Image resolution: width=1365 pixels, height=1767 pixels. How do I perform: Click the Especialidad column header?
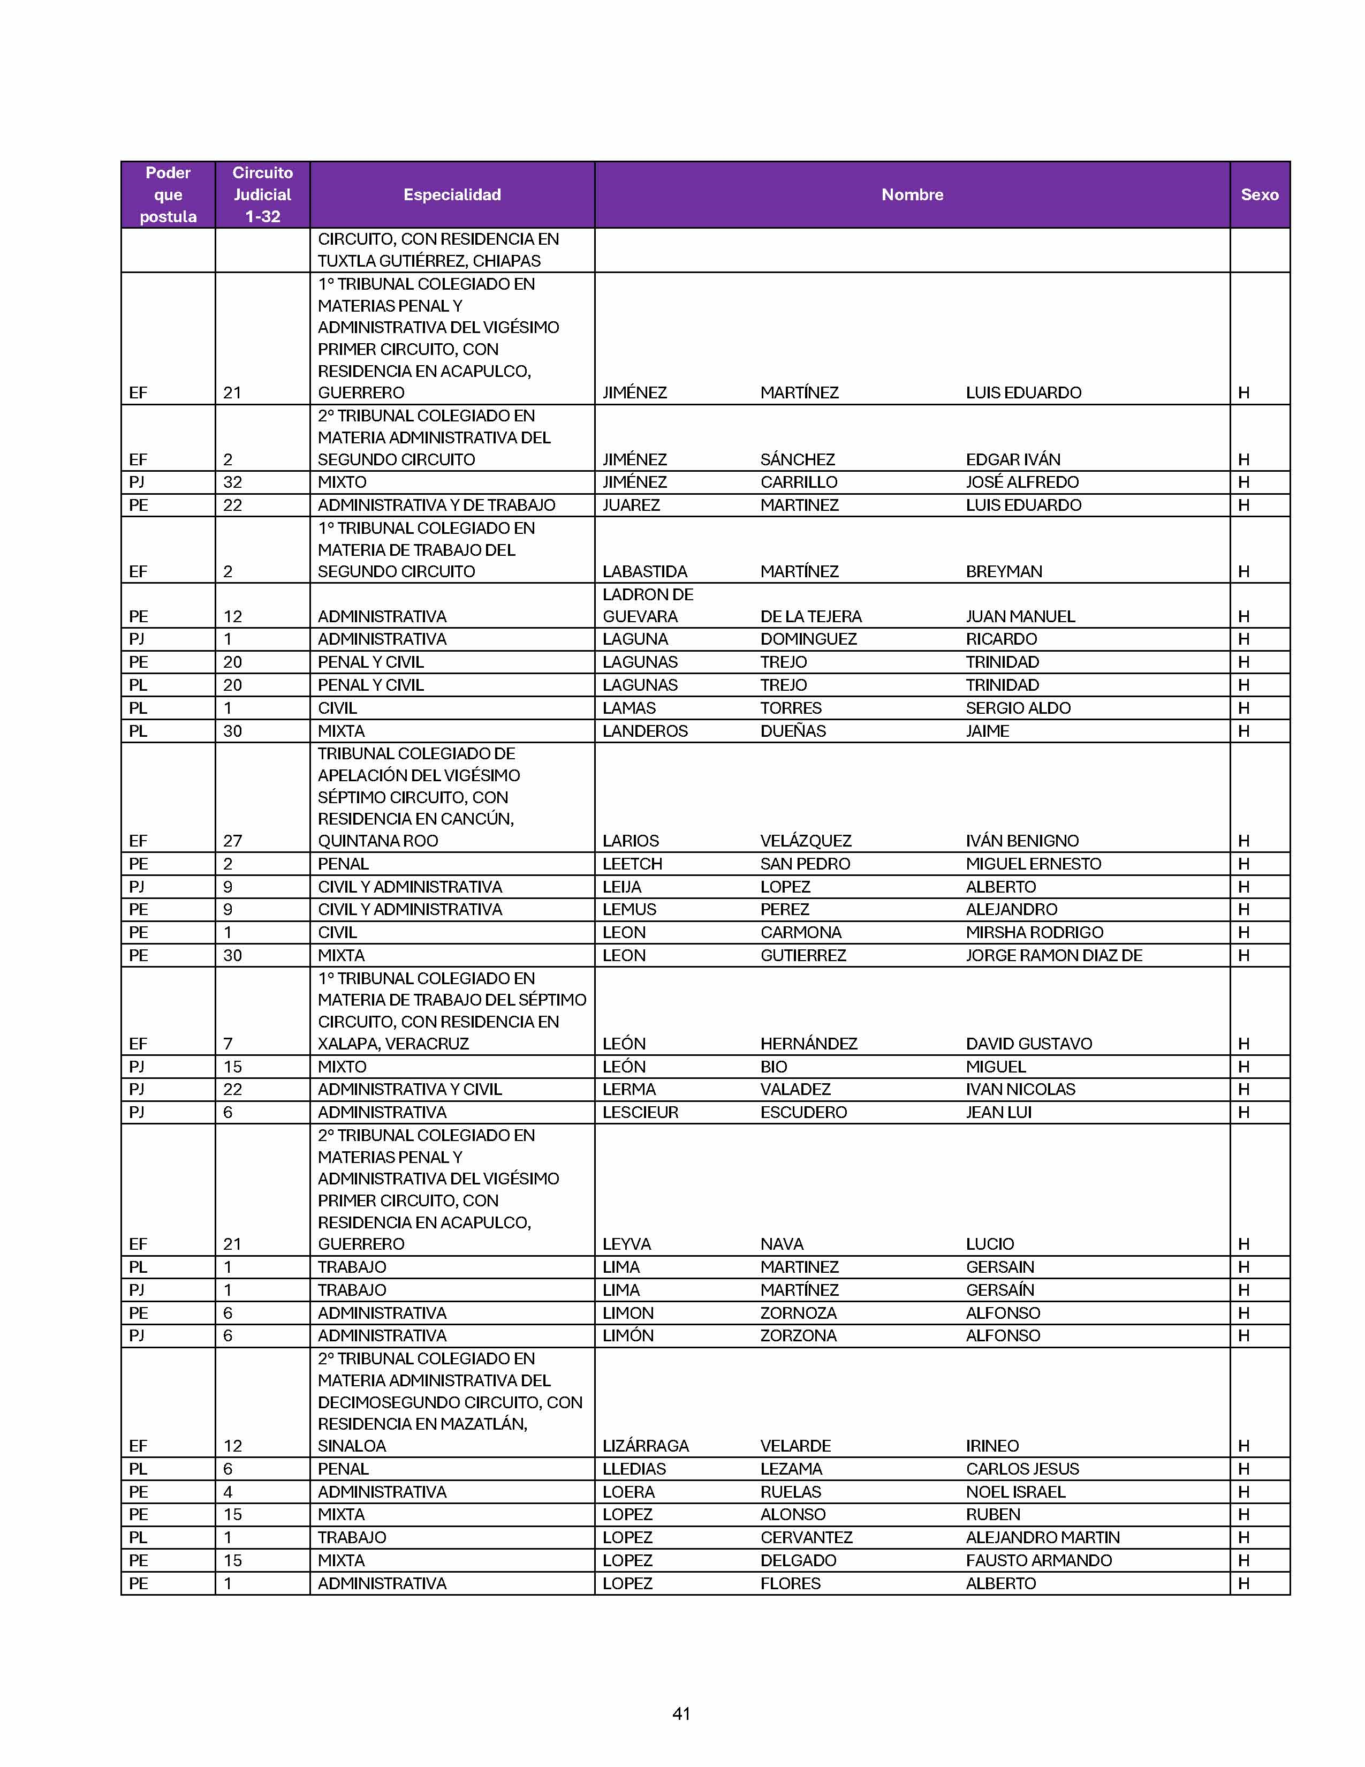(x=452, y=194)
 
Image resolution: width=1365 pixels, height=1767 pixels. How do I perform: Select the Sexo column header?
(x=1259, y=194)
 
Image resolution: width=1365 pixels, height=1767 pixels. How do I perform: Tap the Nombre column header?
(x=912, y=194)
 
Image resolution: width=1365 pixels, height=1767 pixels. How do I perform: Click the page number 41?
(x=681, y=1713)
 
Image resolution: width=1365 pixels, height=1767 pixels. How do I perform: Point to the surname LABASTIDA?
(x=644, y=571)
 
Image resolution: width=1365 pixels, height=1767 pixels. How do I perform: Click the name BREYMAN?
(x=1004, y=571)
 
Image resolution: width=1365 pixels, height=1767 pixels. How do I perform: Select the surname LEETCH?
(x=632, y=863)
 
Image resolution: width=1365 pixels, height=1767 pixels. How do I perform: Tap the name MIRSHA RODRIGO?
(x=1034, y=932)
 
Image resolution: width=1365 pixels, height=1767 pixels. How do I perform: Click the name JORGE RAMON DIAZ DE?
(x=1053, y=955)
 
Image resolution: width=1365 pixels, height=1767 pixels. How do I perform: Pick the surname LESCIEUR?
(x=640, y=1112)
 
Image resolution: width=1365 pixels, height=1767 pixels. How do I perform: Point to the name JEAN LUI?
(x=999, y=1112)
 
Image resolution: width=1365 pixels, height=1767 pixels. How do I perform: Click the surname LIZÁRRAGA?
(x=646, y=1445)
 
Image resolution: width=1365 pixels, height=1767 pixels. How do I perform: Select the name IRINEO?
(x=992, y=1445)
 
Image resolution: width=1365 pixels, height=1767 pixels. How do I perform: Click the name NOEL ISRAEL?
(x=1015, y=1491)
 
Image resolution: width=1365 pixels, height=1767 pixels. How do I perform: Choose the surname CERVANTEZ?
(x=806, y=1536)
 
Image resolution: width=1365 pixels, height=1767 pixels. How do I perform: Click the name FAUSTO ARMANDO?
(x=1038, y=1560)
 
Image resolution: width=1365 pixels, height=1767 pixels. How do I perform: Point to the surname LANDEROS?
(x=644, y=730)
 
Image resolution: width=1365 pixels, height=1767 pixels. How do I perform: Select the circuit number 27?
(x=232, y=841)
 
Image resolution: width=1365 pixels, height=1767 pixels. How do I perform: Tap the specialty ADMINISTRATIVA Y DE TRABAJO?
(x=436, y=505)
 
